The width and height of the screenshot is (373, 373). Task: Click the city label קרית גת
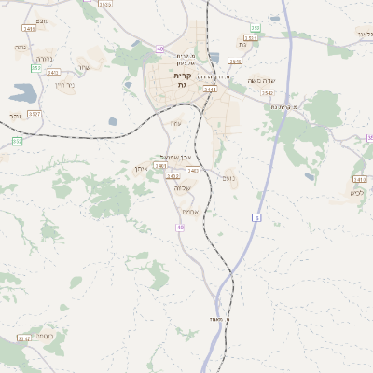182,79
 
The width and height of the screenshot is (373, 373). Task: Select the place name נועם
228,175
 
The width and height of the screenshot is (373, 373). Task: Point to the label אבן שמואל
175,157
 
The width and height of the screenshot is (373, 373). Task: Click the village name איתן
142,168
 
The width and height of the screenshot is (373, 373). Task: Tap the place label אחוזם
189,212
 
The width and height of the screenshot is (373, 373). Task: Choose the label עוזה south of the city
175,123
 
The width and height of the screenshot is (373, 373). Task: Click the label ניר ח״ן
64,85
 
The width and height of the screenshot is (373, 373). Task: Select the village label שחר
84,67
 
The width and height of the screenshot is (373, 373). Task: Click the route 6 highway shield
255,217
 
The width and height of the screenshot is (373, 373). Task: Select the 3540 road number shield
235,62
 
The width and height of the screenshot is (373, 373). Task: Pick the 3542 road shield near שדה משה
268,93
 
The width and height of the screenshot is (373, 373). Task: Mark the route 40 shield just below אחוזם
180,227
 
